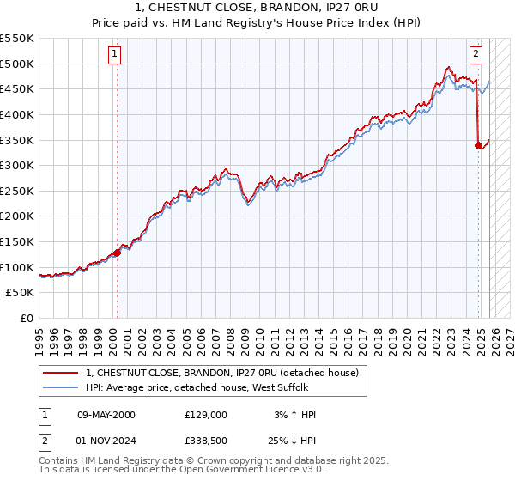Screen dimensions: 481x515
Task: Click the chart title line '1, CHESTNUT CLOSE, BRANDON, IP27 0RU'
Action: [x=257, y=9]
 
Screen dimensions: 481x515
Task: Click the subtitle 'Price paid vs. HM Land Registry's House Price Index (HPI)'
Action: [x=257, y=23]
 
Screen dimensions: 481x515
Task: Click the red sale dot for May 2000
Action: [x=117, y=252]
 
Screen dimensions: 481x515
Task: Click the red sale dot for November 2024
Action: [x=478, y=145]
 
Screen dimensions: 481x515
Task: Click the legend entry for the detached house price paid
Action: [x=227, y=373]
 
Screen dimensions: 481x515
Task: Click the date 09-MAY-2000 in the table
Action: [x=106, y=415]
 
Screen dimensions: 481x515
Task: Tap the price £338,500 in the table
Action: [x=206, y=439]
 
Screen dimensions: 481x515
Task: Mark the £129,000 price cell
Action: [x=206, y=415]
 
